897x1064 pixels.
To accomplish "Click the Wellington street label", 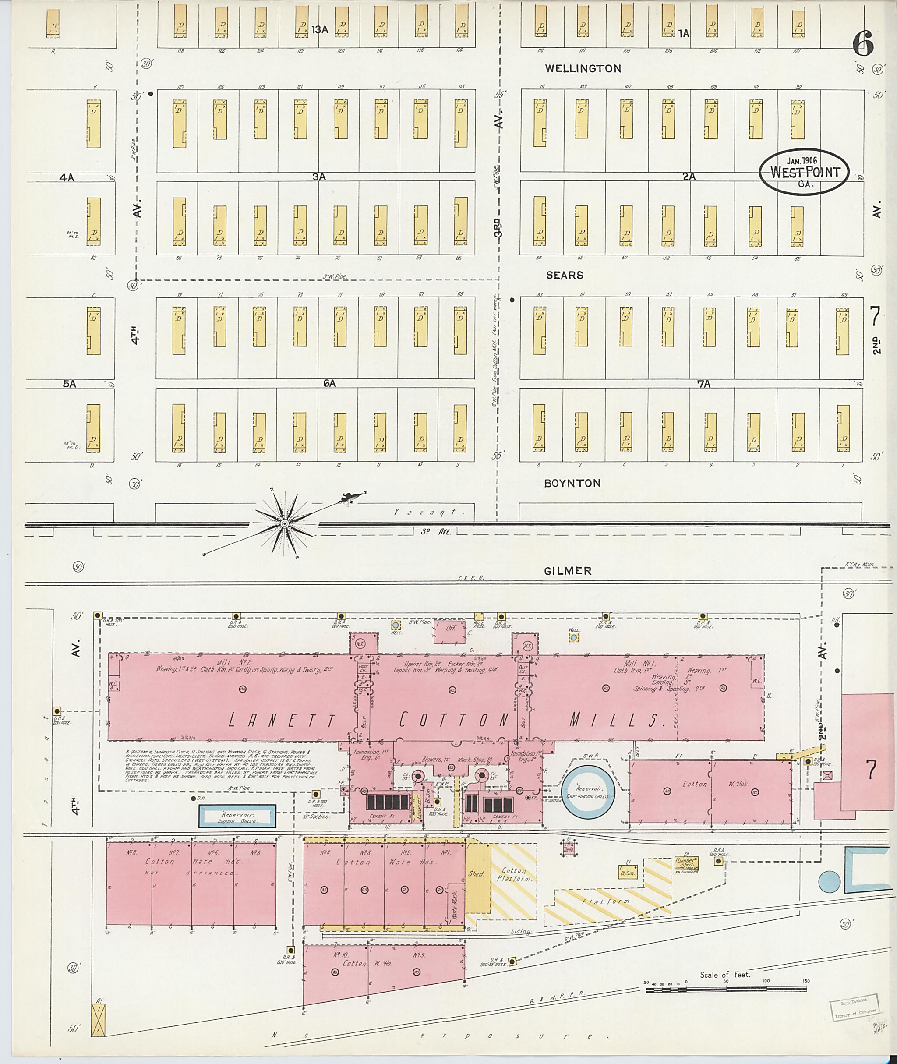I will tap(583, 68).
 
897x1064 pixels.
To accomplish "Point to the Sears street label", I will tap(565, 275).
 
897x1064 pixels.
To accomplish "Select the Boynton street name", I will tap(572, 483).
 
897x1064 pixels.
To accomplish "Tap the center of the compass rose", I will tap(285, 523).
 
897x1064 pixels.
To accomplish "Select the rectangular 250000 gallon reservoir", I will tap(237, 817).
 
